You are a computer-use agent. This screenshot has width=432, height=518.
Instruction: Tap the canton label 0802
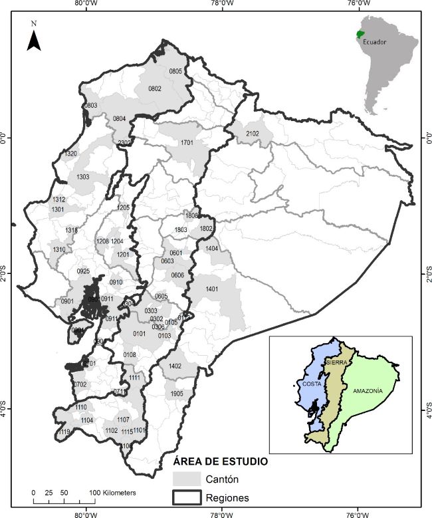click(155, 88)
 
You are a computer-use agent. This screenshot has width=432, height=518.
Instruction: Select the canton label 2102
click(252, 134)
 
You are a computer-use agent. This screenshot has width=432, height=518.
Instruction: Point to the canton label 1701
click(187, 143)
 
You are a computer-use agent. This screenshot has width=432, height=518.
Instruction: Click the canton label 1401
click(213, 289)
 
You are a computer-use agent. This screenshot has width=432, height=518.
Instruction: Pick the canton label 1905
click(176, 394)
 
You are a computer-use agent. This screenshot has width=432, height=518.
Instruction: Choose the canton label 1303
click(82, 177)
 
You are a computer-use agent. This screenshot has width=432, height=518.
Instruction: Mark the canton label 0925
click(83, 271)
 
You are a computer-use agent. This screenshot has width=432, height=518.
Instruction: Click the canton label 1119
click(64, 432)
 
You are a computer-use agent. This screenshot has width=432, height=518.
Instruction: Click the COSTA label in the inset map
click(312, 384)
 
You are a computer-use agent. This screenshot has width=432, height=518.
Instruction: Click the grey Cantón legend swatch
click(186, 478)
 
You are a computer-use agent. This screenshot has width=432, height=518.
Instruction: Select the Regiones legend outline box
click(186, 497)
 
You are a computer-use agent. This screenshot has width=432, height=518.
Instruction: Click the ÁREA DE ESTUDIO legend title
click(220, 461)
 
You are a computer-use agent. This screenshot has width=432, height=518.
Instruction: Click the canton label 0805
click(175, 71)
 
